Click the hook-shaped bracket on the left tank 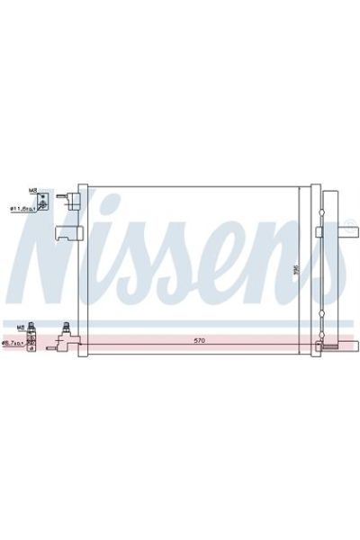tap(67, 233)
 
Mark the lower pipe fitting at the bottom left tap(68, 338)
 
